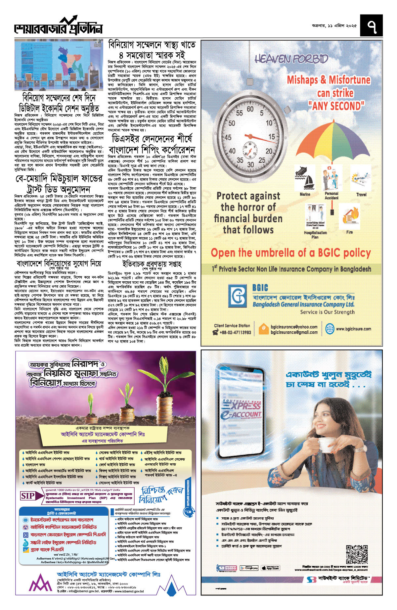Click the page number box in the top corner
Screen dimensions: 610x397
click(371, 25)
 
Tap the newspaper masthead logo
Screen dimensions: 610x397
click(58, 26)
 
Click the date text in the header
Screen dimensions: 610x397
click(334, 26)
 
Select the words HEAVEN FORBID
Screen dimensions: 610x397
click(291, 59)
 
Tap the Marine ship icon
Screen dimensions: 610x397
click(305, 179)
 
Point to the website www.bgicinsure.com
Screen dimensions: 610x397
click(353, 329)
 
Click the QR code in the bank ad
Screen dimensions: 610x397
click(357, 554)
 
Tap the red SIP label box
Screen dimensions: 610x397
click(28, 496)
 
